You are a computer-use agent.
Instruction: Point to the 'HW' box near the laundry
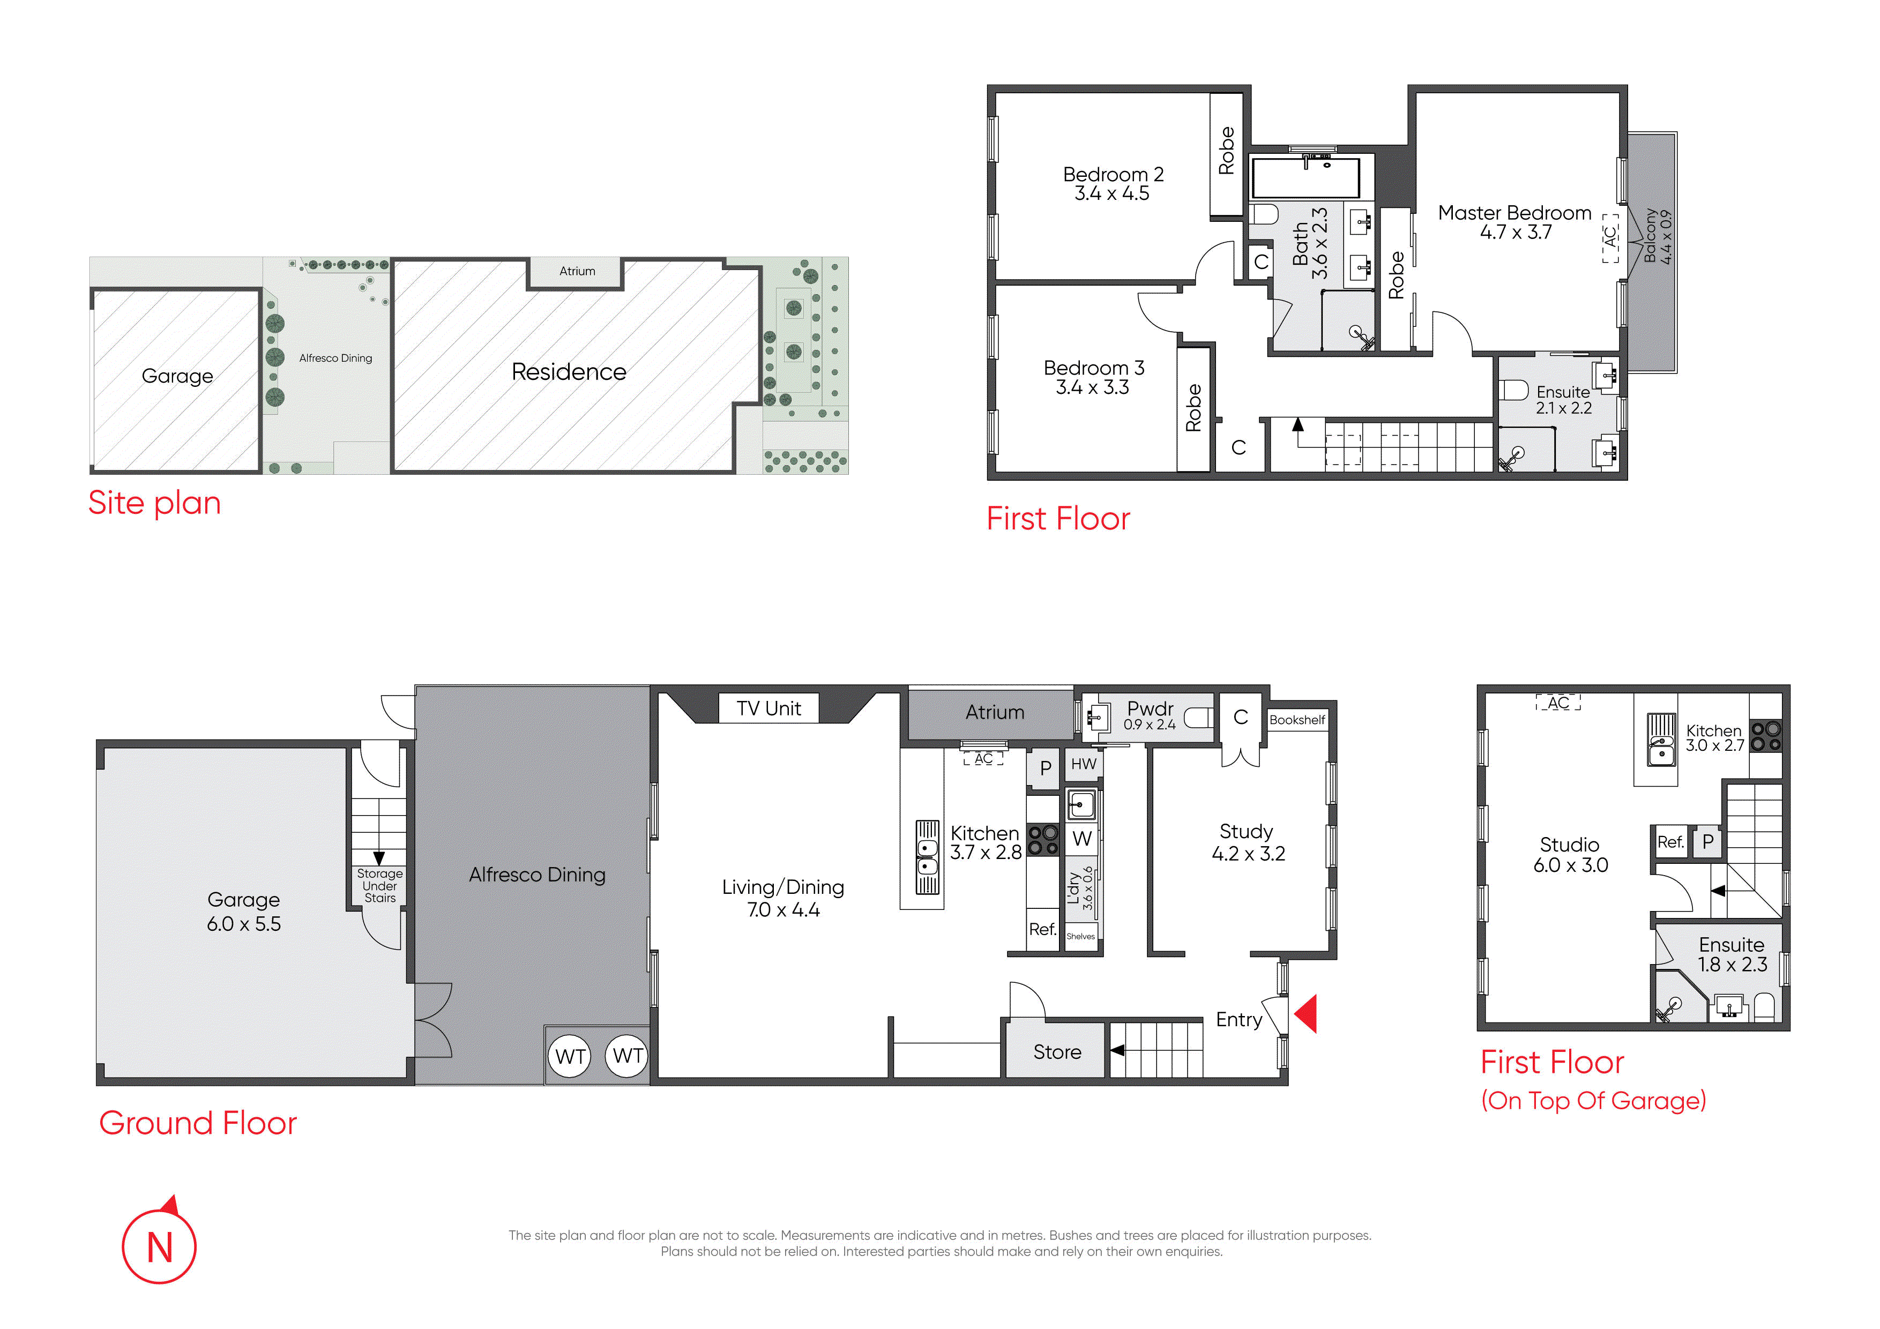1083,764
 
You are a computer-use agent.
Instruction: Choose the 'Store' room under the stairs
1056,1051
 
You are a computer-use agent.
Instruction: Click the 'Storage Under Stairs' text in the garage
380,886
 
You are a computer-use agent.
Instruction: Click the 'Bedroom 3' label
1094,368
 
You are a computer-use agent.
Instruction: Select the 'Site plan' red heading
155,503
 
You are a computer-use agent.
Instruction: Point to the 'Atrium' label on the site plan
577,271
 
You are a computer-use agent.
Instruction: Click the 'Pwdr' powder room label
1151,707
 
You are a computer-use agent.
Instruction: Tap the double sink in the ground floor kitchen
927,857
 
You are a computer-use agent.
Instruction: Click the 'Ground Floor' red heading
198,1123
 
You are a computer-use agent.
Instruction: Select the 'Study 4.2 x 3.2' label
1248,842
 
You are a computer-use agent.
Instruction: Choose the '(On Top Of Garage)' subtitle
1593,1101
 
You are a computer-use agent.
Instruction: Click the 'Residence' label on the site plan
569,372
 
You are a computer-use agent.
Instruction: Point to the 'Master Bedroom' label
1515,213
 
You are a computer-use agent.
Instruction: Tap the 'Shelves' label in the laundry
1081,936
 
